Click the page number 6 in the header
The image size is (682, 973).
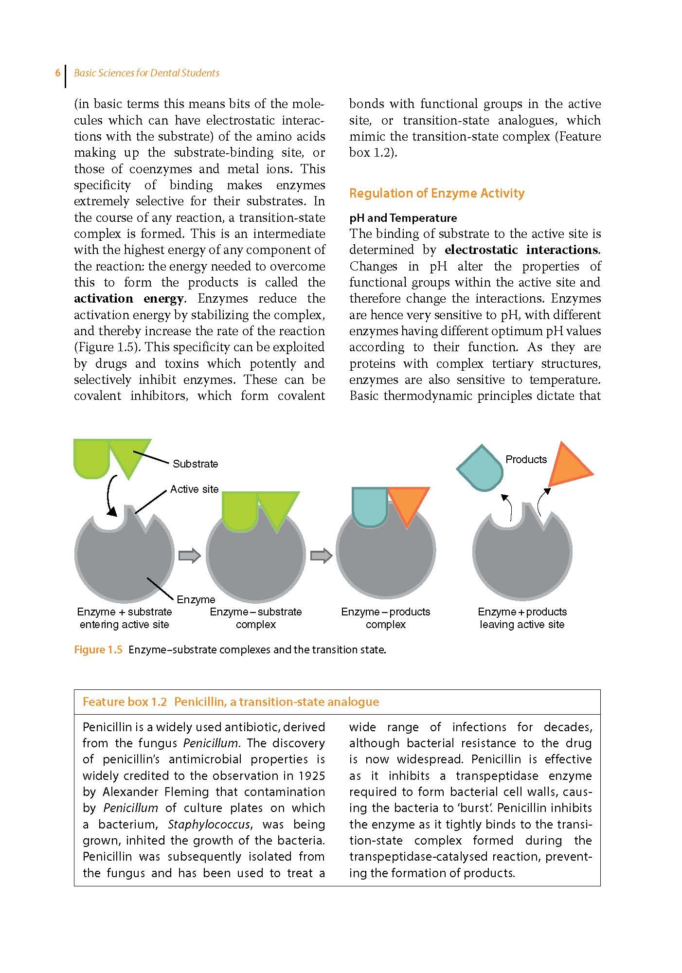pyautogui.click(x=57, y=73)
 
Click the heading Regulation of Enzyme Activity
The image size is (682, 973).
pyautogui.click(x=436, y=193)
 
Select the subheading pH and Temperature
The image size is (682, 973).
pyautogui.click(x=403, y=218)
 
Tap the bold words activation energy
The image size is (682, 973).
pyautogui.click(x=129, y=299)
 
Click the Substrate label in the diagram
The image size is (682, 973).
pyautogui.click(x=195, y=464)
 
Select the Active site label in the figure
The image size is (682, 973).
pyautogui.click(x=194, y=489)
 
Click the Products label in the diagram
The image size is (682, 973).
pyautogui.click(x=526, y=459)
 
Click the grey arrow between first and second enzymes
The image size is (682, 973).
pyautogui.click(x=190, y=555)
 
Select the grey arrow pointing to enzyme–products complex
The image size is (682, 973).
pyautogui.click(x=321, y=555)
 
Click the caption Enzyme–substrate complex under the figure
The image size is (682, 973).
pyautogui.click(x=255, y=618)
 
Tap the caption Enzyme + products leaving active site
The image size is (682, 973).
pyautogui.click(x=522, y=618)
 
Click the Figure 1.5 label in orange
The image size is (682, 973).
pyautogui.click(x=98, y=650)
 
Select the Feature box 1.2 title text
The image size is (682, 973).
pyautogui.click(x=231, y=702)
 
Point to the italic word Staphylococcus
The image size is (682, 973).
pyautogui.click(x=209, y=824)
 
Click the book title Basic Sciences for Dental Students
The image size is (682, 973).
pyautogui.click(x=146, y=73)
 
